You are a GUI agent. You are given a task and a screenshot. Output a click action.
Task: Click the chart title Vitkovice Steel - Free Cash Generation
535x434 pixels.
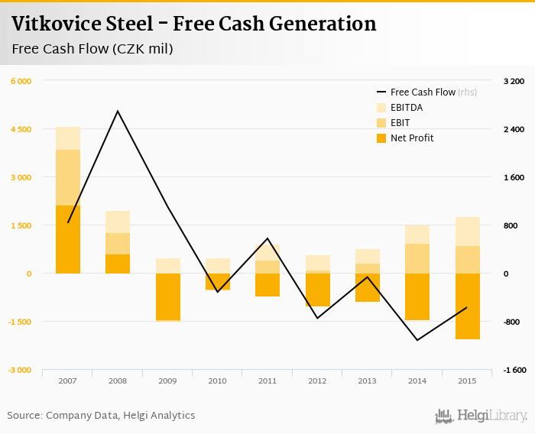(x=193, y=24)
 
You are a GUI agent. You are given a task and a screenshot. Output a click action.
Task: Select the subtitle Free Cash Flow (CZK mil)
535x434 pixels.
(x=92, y=50)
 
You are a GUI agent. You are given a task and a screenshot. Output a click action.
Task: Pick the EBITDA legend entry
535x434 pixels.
(x=406, y=108)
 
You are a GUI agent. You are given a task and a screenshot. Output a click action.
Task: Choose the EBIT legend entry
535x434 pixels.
(x=400, y=123)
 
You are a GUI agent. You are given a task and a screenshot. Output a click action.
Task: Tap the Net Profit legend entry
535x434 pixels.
(x=411, y=138)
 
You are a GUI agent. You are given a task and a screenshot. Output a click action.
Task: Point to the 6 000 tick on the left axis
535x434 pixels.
(x=21, y=81)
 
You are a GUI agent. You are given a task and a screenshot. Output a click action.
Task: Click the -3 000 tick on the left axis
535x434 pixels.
(x=21, y=370)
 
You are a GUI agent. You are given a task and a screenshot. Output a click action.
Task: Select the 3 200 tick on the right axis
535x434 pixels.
(x=514, y=81)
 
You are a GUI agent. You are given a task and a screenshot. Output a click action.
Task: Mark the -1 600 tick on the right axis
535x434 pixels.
(x=514, y=370)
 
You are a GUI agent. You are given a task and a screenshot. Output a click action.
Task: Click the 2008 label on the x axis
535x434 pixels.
(x=118, y=381)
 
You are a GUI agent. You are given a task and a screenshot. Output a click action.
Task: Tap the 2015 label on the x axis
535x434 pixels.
(x=467, y=381)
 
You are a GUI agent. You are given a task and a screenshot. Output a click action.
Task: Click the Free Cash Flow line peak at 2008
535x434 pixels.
(x=118, y=112)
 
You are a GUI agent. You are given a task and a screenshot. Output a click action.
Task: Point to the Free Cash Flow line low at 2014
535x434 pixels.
(x=417, y=340)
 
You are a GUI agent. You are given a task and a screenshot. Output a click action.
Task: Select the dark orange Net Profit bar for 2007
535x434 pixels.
(x=68, y=239)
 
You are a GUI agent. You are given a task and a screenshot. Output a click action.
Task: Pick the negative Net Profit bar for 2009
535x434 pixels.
(x=167, y=296)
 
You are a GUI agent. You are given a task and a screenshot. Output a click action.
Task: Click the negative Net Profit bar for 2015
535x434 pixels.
(x=467, y=306)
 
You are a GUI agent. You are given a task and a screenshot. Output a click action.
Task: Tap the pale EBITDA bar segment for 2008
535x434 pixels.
(x=118, y=222)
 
